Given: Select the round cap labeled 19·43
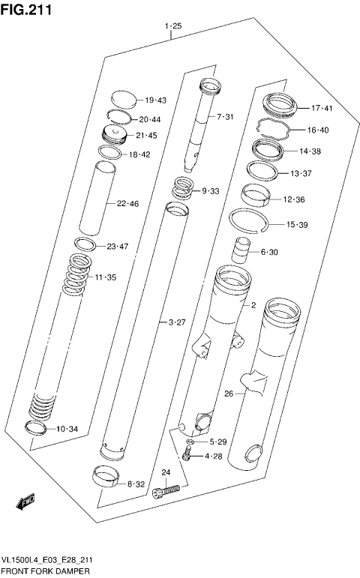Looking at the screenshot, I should (124, 97).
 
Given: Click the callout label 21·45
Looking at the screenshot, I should (146, 136).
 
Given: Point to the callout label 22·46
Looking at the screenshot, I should (127, 204).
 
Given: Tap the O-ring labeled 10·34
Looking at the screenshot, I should (34, 428).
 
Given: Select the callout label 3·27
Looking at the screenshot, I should (176, 323).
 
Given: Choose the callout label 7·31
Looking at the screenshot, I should (226, 117).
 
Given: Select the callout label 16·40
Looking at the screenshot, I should (318, 130).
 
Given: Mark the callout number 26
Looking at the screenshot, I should (229, 393).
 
